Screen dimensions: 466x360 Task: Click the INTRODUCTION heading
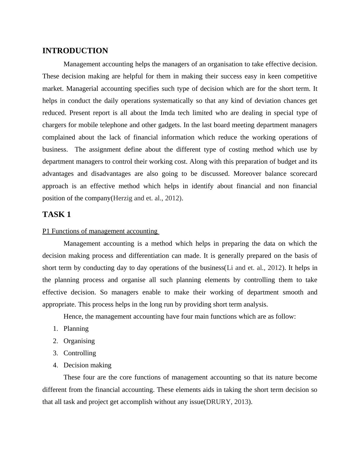point(75,51)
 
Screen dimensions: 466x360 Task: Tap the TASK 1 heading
point(57,215)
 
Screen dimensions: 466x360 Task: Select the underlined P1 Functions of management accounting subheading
point(100,231)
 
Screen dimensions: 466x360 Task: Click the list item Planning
point(76,329)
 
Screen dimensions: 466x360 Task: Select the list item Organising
point(79,341)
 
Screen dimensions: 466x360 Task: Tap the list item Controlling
point(80,353)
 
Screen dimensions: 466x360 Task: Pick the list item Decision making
point(87,365)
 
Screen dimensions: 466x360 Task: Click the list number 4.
point(55,365)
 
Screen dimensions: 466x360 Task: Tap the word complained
point(59,137)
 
